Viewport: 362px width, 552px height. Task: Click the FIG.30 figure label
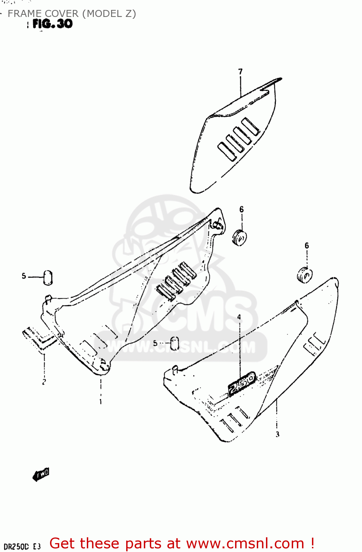coord(53,24)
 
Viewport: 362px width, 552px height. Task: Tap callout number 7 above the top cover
coord(240,71)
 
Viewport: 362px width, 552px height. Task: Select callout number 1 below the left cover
coord(100,402)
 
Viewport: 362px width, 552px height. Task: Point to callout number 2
coord(44,382)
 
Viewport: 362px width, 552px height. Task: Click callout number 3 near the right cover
coord(277,434)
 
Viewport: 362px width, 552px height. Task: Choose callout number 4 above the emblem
coord(239,317)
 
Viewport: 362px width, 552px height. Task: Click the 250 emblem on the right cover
coord(242,384)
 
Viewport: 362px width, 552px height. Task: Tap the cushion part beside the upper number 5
coord(48,277)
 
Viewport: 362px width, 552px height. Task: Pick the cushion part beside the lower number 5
coord(175,343)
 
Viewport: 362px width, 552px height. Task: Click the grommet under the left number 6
coord(239,237)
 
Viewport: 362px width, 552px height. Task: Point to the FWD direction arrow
coord(41,475)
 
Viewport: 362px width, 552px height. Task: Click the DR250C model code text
coord(16,547)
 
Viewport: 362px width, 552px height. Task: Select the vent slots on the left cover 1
coord(175,281)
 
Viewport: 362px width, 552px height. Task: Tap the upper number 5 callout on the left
coord(24,276)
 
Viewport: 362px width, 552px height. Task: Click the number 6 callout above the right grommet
coord(306,245)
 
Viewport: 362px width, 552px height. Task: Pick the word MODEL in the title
coord(104,14)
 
